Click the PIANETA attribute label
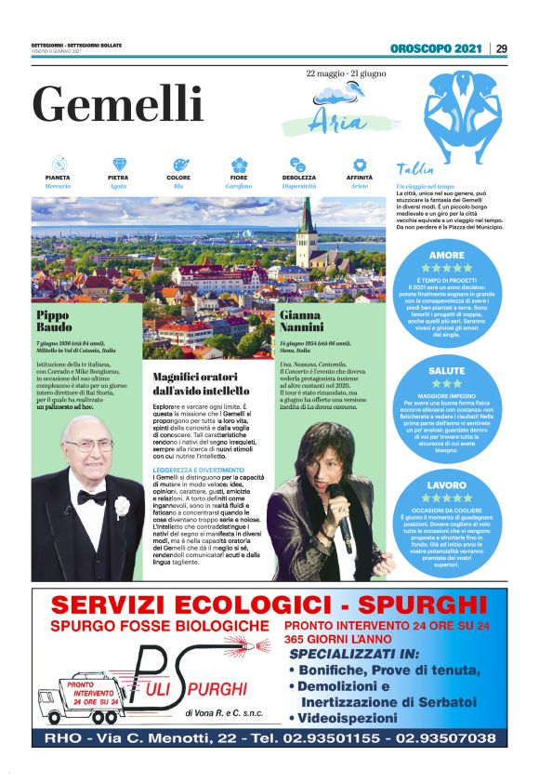tap(58, 177)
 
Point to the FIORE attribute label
tap(239, 177)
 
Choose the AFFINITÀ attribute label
tap(359, 177)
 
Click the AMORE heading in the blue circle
tap(447, 255)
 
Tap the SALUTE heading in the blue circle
tap(447, 371)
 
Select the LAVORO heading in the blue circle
tap(447, 485)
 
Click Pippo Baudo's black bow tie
tap(91, 498)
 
